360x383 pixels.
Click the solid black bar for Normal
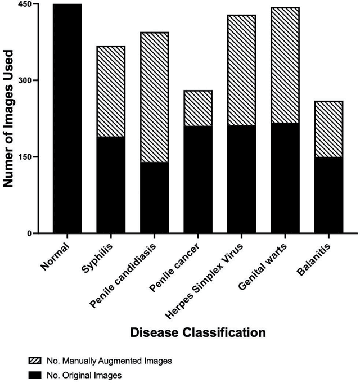pyautogui.click(x=67, y=118)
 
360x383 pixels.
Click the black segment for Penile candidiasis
pyautogui.click(x=154, y=197)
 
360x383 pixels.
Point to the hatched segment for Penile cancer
pyautogui.click(x=198, y=108)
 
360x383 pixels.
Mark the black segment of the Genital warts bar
pyautogui.click(x=285, y=178)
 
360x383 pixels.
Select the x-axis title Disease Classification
pyautogui.click(x=198, y=332)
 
